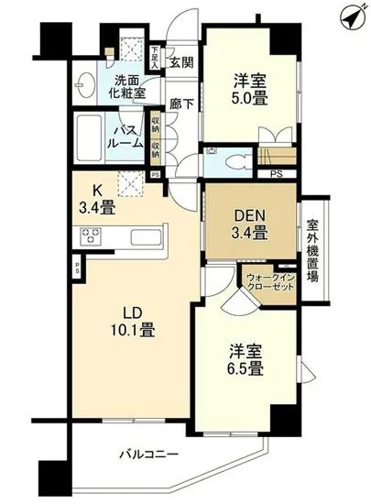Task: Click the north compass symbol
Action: [x=348, y=16]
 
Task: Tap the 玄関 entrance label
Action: [x=181, y=62]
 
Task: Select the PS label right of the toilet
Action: [x=276, y=170]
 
